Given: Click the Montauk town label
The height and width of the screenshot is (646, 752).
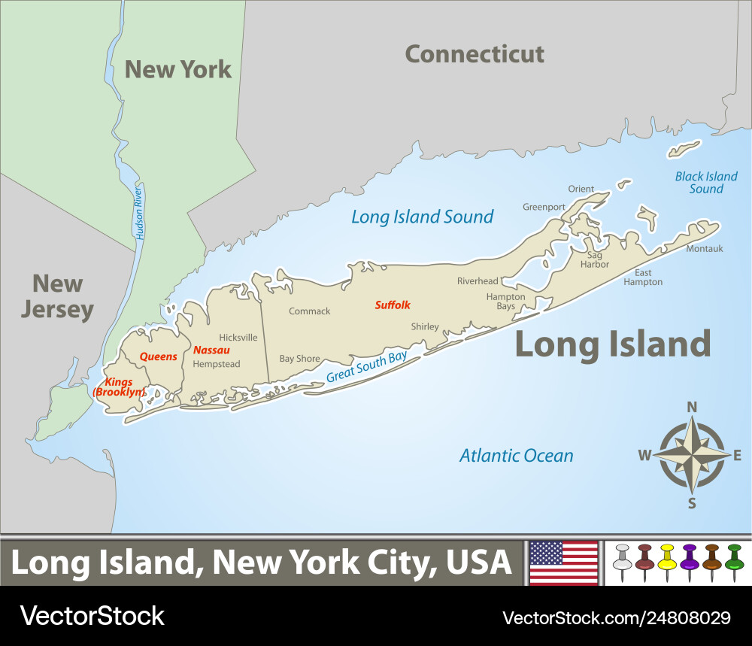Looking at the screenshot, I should tap(704, 248).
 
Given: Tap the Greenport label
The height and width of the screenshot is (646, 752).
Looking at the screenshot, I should tap(544, 207).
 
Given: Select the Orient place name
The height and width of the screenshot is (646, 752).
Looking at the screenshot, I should tap(581, 189).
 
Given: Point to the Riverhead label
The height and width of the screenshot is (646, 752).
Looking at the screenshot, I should tap(478, 281).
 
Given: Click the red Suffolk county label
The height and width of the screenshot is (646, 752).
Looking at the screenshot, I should tap(393, 305).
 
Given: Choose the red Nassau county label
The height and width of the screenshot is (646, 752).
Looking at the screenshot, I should tap(211, 350).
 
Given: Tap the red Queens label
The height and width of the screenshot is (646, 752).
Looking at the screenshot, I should tap(159, 356).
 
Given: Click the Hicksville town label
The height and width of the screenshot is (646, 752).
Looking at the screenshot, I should tap(238, 338).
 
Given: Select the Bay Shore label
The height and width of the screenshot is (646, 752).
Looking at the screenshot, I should tap(299, 359).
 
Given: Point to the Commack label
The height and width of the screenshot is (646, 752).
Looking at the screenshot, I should tap(310, 311).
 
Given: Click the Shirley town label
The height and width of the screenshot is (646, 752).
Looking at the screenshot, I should tap(425, 326).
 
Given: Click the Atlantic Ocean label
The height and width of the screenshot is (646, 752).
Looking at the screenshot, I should tap(516, 455).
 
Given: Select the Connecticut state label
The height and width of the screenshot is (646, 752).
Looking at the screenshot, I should tap(475, 54).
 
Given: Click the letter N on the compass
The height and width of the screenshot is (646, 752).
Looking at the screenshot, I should tap(692, 407).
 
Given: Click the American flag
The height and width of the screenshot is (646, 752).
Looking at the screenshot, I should tap(564, 563).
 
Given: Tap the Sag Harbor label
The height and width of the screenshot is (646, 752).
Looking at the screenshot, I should tap(595, 259).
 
